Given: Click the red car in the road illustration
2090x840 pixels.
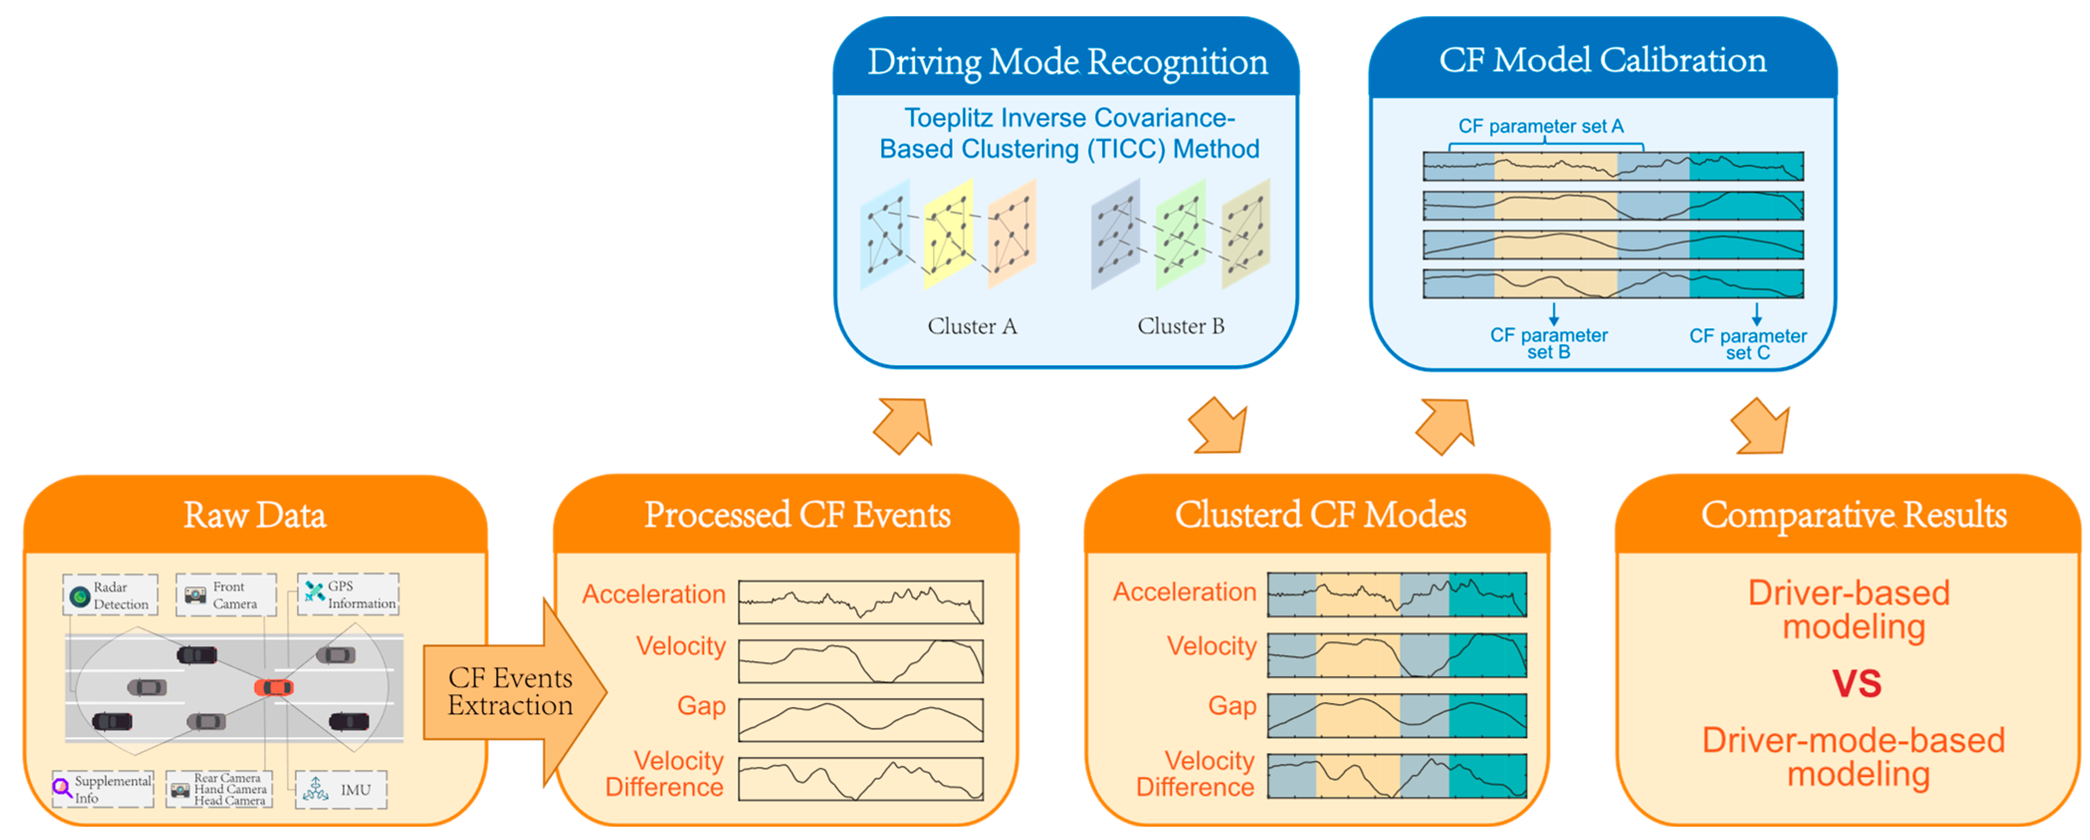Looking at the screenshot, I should [x=274, y=687].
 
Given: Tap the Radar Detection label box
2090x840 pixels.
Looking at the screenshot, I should [x=110, y=595].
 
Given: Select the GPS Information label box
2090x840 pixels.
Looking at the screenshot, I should [x=349, y=595].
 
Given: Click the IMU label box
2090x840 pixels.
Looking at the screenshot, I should [x=341, y=789].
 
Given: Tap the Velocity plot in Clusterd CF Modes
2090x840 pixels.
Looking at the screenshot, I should [x=1396, y=655].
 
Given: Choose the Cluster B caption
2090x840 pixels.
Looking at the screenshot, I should [x=1181, y=326].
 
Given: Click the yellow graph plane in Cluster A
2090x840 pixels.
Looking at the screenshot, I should [x=948, y=234].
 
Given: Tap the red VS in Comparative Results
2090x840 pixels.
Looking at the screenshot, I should [x=1856, y=683].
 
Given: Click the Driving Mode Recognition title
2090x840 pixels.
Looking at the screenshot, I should [x=1067, y=62].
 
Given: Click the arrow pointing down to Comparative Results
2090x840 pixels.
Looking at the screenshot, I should [x=1761, y=426].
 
